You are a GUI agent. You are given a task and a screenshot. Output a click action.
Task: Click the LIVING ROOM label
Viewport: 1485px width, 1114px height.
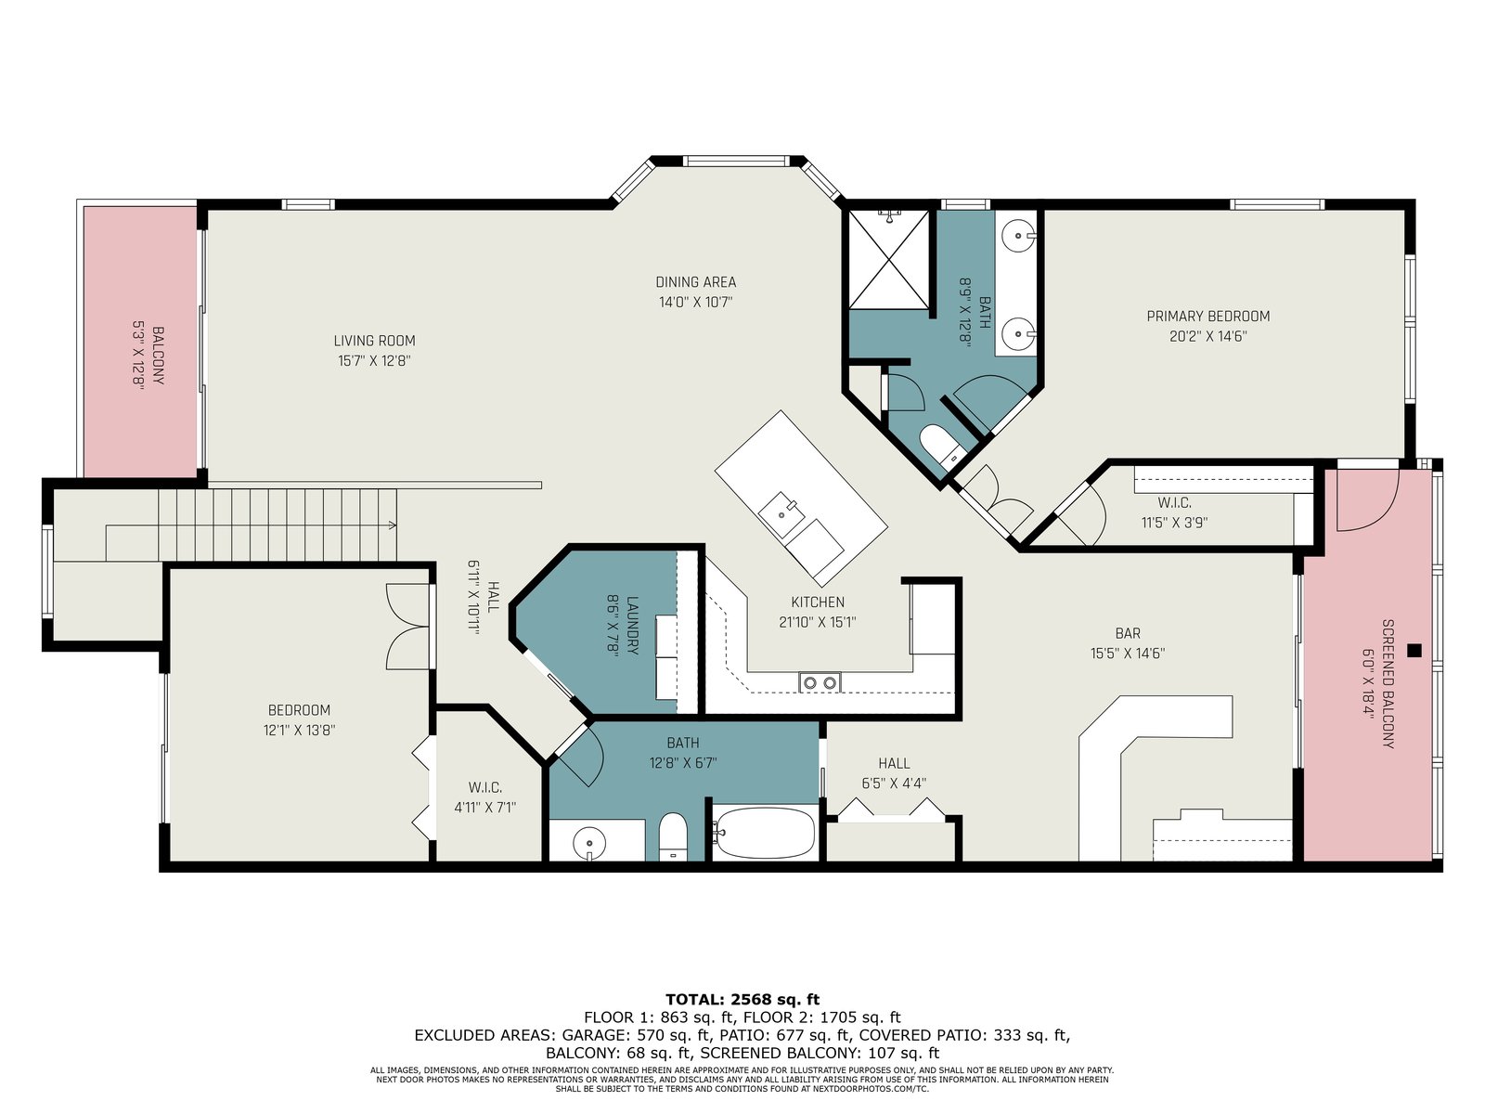374,341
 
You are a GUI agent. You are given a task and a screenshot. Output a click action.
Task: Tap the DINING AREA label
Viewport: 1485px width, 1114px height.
695,282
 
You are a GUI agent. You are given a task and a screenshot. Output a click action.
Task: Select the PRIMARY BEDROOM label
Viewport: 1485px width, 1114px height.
1207,316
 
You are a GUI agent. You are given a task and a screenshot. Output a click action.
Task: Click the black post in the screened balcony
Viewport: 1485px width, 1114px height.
1414,651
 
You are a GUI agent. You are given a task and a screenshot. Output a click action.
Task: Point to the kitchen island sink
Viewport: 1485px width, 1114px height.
781,513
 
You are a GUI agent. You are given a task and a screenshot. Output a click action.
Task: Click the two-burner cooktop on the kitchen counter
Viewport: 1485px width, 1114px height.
820,682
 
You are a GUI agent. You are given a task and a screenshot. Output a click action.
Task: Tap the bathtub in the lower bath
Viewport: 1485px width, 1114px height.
765,833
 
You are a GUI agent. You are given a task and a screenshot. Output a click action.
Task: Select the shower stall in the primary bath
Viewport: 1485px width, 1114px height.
889,259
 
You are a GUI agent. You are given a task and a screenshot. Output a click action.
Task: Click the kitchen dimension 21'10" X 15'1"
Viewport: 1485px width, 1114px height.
818,622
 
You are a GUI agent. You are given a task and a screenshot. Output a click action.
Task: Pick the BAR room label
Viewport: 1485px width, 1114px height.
1128,634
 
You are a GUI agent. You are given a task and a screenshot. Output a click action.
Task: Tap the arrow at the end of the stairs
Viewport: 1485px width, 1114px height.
392,525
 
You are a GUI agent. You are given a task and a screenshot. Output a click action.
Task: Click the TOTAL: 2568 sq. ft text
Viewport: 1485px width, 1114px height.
742,999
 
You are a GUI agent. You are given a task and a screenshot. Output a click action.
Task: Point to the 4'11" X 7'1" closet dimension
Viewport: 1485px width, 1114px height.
485,807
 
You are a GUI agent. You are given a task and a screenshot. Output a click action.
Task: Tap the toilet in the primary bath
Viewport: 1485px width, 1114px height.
942,445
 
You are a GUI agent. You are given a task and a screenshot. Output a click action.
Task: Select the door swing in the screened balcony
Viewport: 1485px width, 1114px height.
1367,500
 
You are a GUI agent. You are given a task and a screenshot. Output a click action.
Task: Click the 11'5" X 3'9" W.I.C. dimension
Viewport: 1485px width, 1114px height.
1174,522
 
